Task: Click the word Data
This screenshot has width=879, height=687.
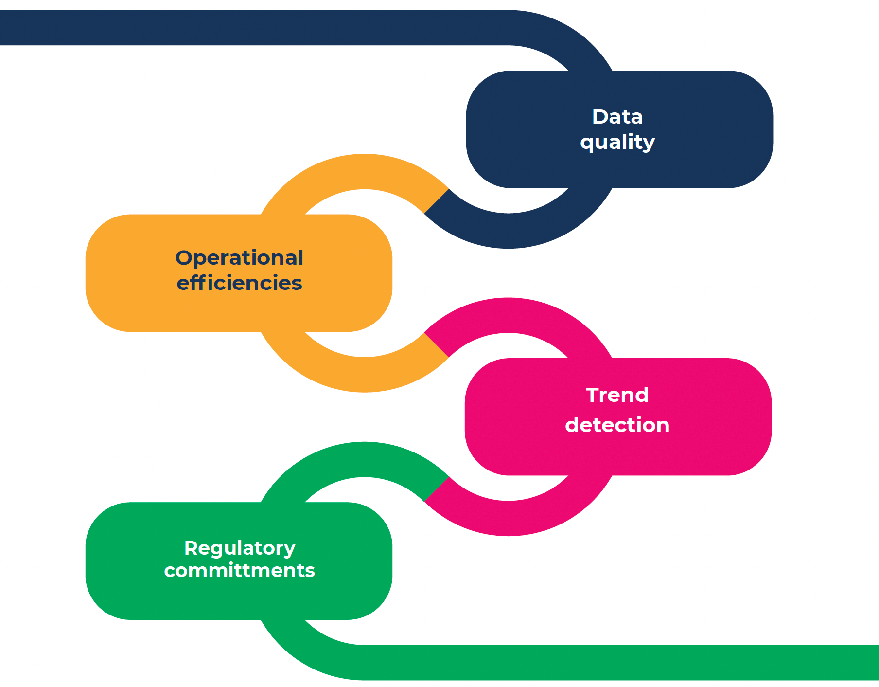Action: [x=617, y=117]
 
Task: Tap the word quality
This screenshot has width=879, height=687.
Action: [x=617, y=142]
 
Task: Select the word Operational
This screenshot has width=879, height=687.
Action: [x=239, y=258]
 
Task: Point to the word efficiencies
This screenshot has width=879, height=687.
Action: [x=239, y=283]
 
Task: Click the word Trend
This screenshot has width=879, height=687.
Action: [x=617, y=395]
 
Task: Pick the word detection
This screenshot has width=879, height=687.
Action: [x=617, y=425]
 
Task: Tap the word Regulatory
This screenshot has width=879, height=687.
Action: [x=239, y=548]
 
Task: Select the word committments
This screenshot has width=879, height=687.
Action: [x=239, y=570]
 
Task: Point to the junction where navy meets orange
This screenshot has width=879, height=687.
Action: [x=437, y=201]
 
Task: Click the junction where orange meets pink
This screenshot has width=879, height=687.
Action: [x=437, y=345]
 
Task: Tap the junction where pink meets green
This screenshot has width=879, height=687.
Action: [x=437, y=489]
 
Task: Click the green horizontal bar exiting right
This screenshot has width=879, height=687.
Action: [x=632, y=663]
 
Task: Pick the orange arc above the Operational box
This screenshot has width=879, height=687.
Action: [x=365, y=172]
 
